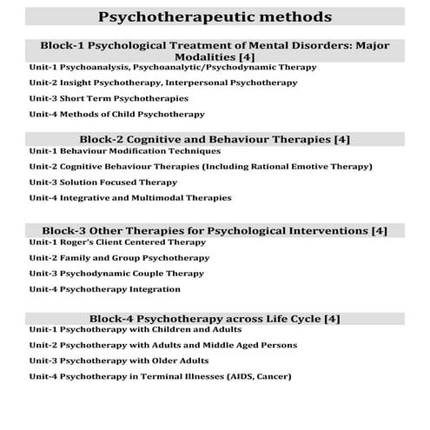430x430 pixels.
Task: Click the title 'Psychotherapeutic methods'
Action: click(215, 17)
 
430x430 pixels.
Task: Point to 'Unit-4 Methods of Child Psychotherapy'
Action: click(116, 114)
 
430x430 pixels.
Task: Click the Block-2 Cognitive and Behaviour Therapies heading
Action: click(215, 138)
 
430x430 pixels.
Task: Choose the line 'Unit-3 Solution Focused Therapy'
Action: click(103, 182)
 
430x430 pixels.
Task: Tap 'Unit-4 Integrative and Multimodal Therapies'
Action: click(130, 198)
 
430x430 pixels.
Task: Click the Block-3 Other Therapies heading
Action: click(215, 230)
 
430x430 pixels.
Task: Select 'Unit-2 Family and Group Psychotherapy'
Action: click(119, 258)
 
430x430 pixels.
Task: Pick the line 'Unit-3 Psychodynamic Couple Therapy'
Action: click(118, 274)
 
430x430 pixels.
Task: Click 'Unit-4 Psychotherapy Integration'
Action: click(104, 289)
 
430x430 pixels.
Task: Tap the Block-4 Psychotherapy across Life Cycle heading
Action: click(215, 319)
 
